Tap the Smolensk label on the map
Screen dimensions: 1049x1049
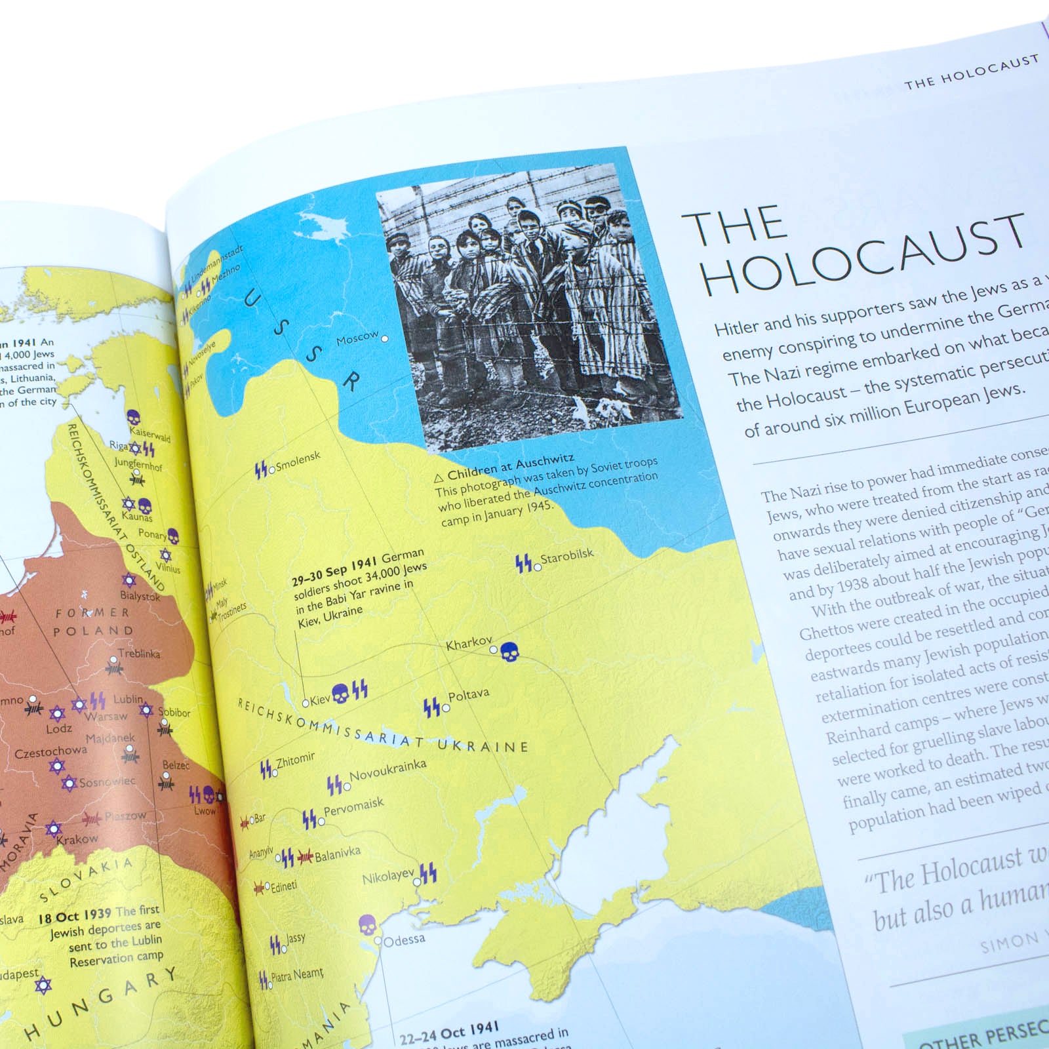(298, 462)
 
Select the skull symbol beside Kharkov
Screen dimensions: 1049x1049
(509, 652)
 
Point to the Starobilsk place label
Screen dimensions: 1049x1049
(567, 556)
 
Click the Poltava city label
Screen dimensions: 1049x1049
(469, 696)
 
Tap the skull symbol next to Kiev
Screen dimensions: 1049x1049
(340, 692)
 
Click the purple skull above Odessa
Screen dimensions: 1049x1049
(368, 925)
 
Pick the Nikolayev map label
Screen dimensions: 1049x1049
(388, 877)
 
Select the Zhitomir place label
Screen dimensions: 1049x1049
(296, 760)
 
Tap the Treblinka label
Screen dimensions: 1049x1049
(139, 654)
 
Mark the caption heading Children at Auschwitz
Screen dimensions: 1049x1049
(510, 465)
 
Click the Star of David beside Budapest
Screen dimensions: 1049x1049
(43, 985)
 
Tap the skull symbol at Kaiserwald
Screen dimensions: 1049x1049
(133, 417)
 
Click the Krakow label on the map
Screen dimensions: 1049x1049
(77, 839)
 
